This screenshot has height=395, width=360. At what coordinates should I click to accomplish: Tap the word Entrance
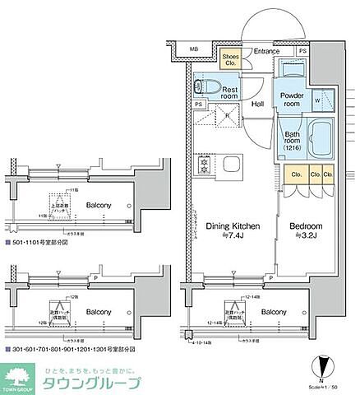pos(265,52)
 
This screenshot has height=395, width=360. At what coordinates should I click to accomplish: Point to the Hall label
pos(257,105)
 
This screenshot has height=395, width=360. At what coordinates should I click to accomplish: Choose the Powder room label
pos(293,100)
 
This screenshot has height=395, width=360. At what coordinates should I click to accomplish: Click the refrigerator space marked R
pos(227,116)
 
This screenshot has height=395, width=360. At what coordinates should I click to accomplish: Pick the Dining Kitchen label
pos(233,225)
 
